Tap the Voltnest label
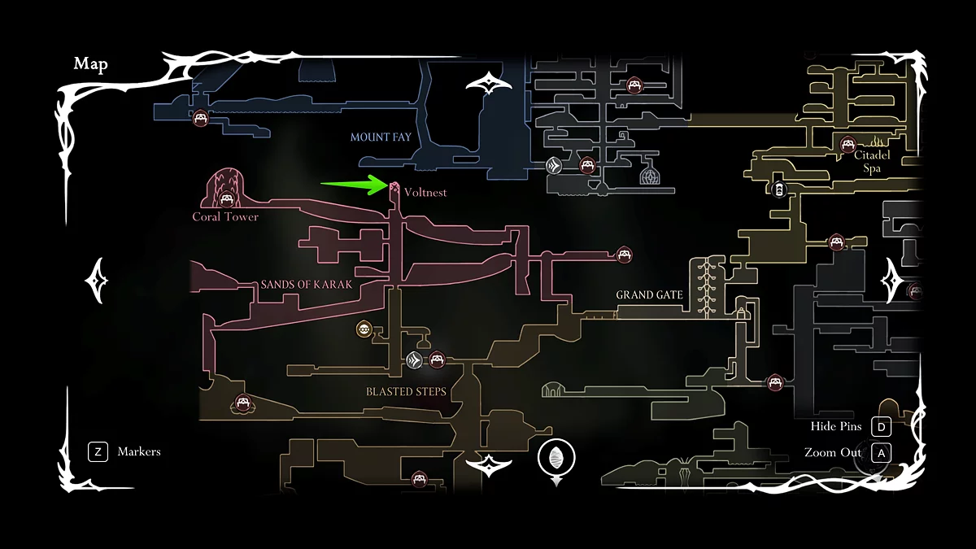point(425,193)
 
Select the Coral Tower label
point(225,217)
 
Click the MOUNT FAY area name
point(381,137)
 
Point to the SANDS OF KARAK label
point(307,285)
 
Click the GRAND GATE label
point(649,294)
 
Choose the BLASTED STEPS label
point(406,391)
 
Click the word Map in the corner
point(90,64)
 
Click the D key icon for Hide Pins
point(881,427)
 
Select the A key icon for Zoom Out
point(881,452)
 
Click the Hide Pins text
point(836,427)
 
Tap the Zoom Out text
point(833,452)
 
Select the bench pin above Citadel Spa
point(847,145)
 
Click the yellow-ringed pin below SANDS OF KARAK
point(364,329)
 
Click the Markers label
point(139,451)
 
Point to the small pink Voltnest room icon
point(394,190)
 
